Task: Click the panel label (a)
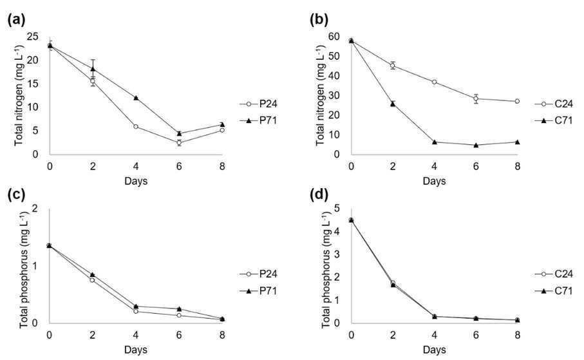click(x=16, y=19)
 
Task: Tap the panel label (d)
click(x=319, y=194)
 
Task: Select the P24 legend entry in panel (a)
click(x=258, y=104)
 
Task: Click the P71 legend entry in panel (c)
click(x=258, y=290)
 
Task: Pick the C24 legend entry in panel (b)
click(x=554, y=104)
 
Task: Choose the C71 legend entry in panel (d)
click(x=554, y=290)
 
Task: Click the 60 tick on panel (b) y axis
click(x=334, y=37)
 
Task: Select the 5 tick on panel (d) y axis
click(x=337, y=208)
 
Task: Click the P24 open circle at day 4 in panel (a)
click(x=136, y=127)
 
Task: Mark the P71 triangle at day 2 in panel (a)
click(x=93, y=69)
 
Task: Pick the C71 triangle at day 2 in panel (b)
click(x=393, y=104)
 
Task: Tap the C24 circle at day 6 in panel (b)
click(x=476, y=99)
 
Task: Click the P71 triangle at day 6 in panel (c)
click(x=179, y=309)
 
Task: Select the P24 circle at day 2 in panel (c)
click(x=92, y=280)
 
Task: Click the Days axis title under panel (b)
click(x=434, y=182)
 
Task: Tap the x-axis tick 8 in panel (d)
click(x=517, y=335)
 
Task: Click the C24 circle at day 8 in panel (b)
click(x=517, y=101)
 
